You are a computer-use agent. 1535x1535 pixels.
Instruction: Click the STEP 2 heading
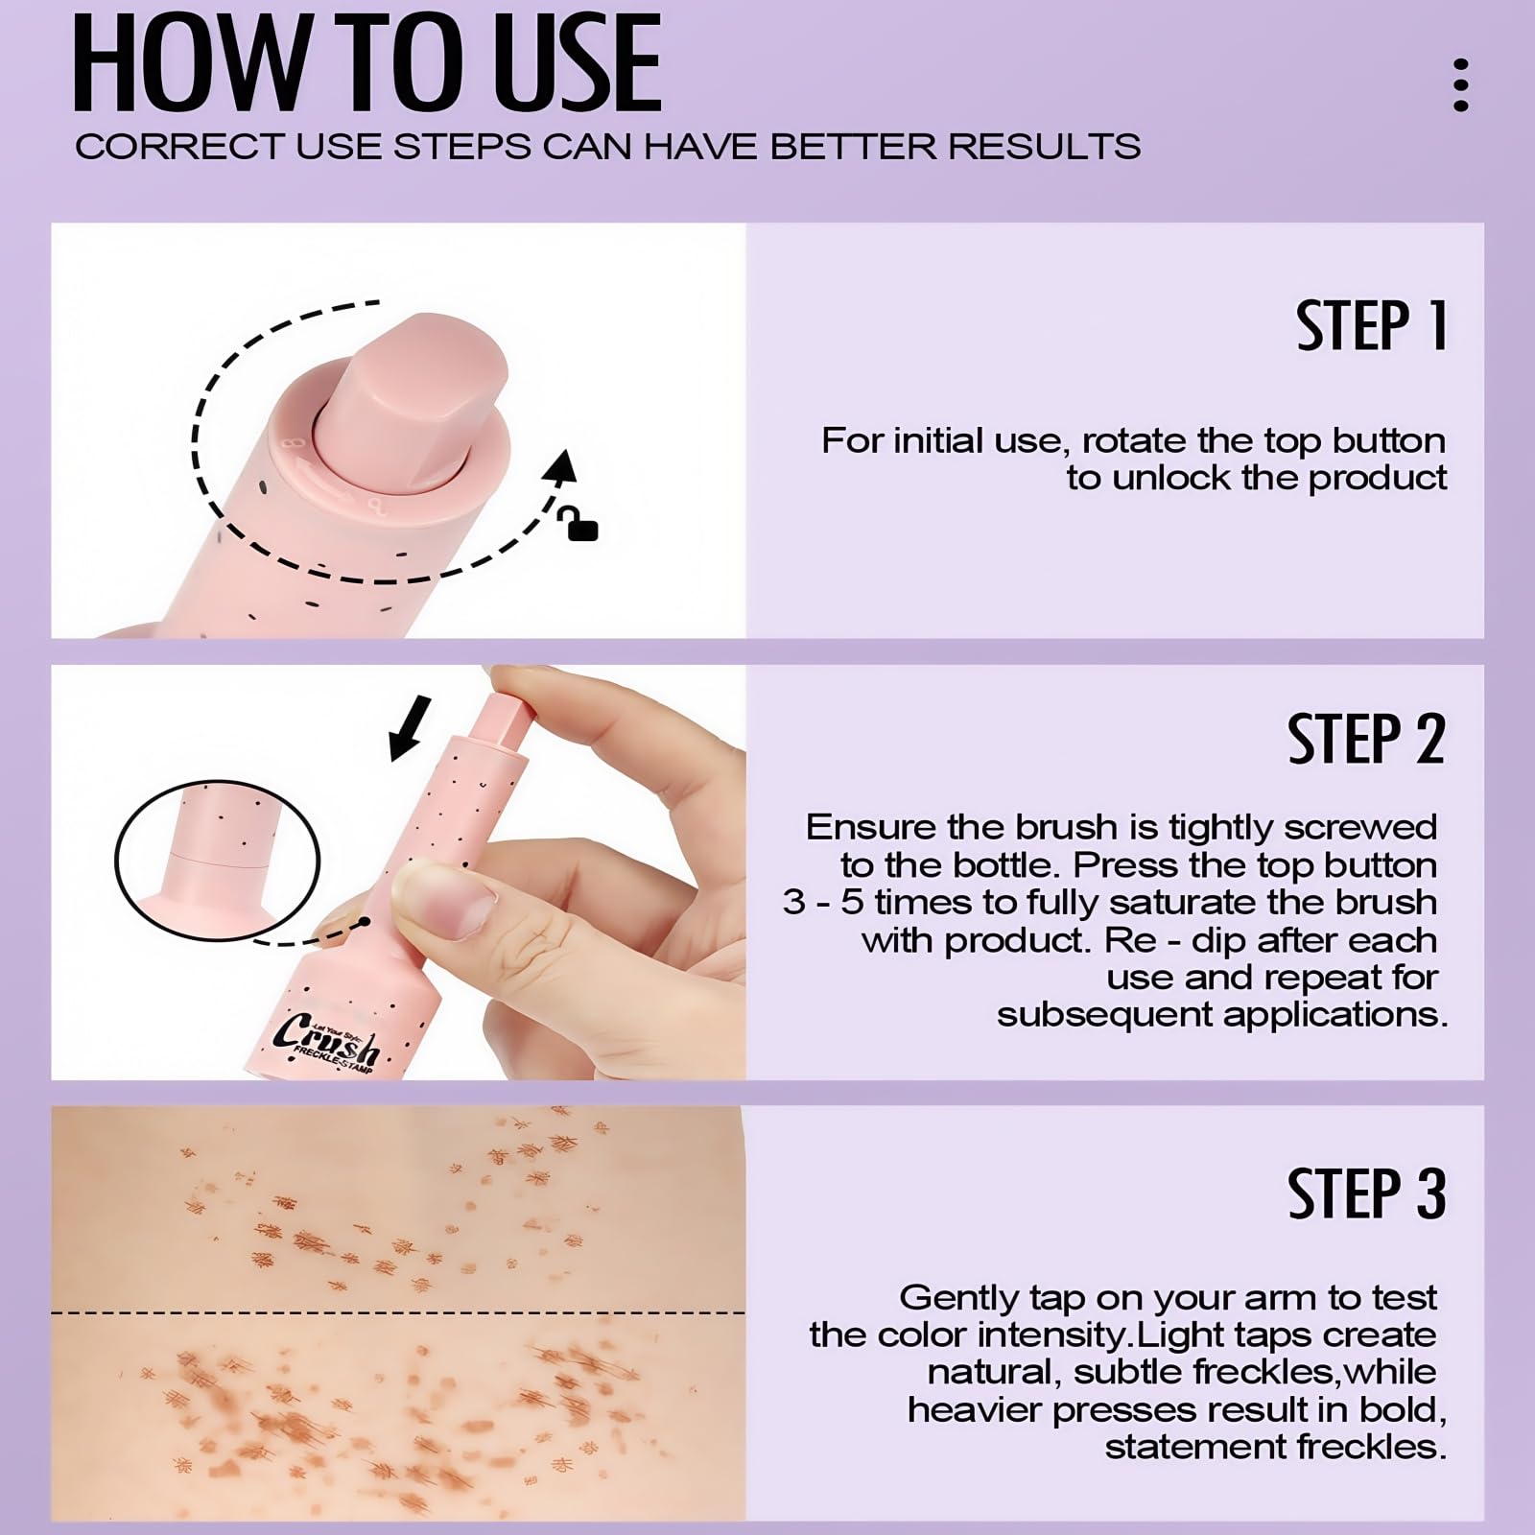(x=1366, y=739)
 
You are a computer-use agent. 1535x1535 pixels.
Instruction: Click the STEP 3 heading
(x=1366, y=1193)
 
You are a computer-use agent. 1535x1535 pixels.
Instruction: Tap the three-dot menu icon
(x=1460, y=85)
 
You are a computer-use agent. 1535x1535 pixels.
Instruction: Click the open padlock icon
(x=579, y=523)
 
